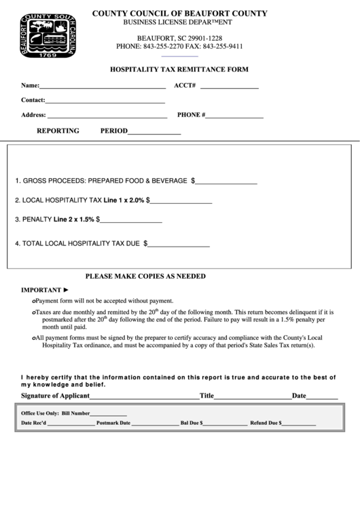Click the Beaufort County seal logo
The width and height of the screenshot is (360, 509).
pyautogui.click(x=48, y=37)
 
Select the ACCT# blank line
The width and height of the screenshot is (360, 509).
pyautogui.click(x=229, y=88)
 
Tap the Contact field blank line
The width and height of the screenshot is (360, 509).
pyautogui.click(x=105, y=102)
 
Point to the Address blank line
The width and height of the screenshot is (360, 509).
pyautogui.click(x=106, y=117)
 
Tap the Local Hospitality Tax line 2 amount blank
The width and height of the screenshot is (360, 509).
pyautogui.click(x=181, y=203)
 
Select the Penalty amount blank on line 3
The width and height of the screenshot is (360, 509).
pyautogui.click(x=132, y=222)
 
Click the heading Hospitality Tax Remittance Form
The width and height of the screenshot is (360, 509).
pyautogui.click(x=179, y=69)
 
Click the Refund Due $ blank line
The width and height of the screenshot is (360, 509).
pyautogui.click(x=298, y=424)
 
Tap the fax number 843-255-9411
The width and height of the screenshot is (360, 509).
pyautogui.click(x=223, y=46)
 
